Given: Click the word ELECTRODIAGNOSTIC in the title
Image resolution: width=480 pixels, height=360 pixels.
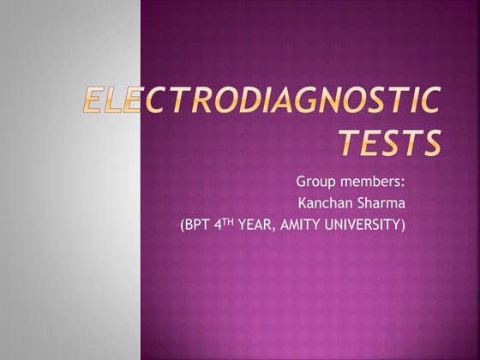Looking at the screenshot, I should (261, 104).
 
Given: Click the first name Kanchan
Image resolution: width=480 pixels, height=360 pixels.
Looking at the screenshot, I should (321, 204).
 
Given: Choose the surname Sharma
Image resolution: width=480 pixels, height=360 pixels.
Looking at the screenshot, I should (381, 204).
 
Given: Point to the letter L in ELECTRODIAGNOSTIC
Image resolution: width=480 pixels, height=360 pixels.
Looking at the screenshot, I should (112, 104).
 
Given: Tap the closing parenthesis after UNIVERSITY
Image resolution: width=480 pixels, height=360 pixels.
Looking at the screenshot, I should (402, 226).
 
